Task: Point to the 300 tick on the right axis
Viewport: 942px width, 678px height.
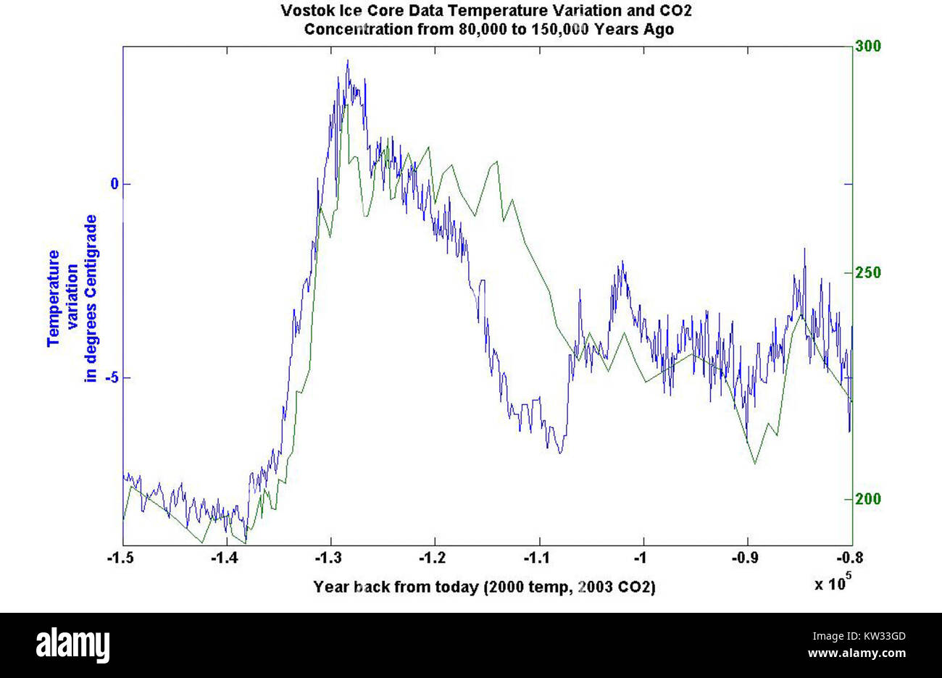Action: pyautogui.click(x=868, y=46)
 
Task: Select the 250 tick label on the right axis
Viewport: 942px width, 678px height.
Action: pyautogui.click(x=868, y=273)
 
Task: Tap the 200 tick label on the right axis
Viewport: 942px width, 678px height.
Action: pyautogui.click(x=868, y=500)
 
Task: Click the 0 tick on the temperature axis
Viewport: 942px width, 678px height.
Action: pyautogui.click(x=114, y=184)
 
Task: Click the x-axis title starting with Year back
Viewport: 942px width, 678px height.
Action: pyautogui.click(x=483, y=587)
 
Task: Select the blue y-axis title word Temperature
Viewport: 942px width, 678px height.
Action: pyautogui.click(x=54, y=298)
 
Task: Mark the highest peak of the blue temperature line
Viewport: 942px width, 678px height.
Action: pyautogui.click(x=348, y=61)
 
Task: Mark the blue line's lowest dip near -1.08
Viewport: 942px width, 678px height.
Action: pyautogui.click(x=560, y=453)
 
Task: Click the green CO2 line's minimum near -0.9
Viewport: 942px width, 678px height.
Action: pyautogui.click(x=755, y=463)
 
